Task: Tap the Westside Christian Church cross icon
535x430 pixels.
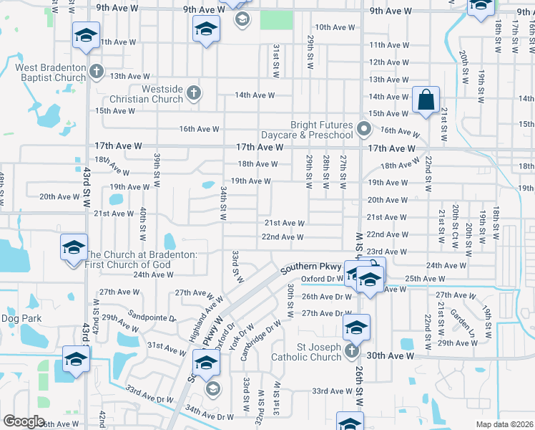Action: coord(193,92)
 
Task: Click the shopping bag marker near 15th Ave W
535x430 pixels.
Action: coord(426,101)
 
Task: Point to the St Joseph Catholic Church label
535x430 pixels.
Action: coord(310,353)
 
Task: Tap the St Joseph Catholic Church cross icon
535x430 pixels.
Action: coord(351,350)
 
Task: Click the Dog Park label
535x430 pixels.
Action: coord(21,318)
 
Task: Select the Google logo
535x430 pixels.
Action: coord(24,421)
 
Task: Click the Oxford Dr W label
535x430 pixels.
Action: coord(323,279)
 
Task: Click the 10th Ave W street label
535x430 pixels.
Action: coord(335,27)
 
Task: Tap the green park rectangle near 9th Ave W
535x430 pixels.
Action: coord(276,20)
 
